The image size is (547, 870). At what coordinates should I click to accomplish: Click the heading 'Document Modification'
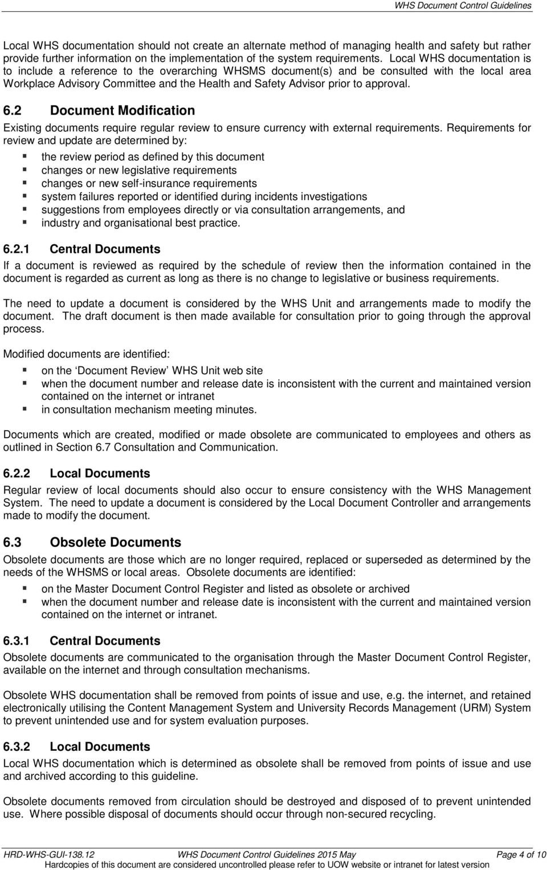pyautogui.click(x=123, y=110)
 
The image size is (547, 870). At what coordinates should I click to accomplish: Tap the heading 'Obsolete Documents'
pyautogui.click(x=116, y=542)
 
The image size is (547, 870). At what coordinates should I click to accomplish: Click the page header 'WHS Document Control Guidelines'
pyautogui.click(x=463, y=6)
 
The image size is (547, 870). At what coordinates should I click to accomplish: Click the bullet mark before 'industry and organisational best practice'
pyautogui.click(x=25, y=223)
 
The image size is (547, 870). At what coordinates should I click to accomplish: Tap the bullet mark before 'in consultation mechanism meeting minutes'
pyautogui.click(x=25, y=410)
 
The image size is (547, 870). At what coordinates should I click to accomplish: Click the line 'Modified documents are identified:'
pyautogui.click(x=90, y=354)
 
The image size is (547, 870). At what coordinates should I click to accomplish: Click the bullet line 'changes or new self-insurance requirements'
pyautogui.click(x=149, y=183)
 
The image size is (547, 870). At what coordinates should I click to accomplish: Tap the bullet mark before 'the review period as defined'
pyautogui.click(x=25, y=156)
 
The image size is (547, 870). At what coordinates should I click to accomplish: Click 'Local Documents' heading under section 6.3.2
pyautogui.click(x=100, y=747)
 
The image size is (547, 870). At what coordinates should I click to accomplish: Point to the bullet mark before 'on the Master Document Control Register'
pyautogui.click(x=25, y=589)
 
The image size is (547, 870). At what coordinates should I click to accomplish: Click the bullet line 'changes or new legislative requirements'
pyautogui.click(x=139, y=170)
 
